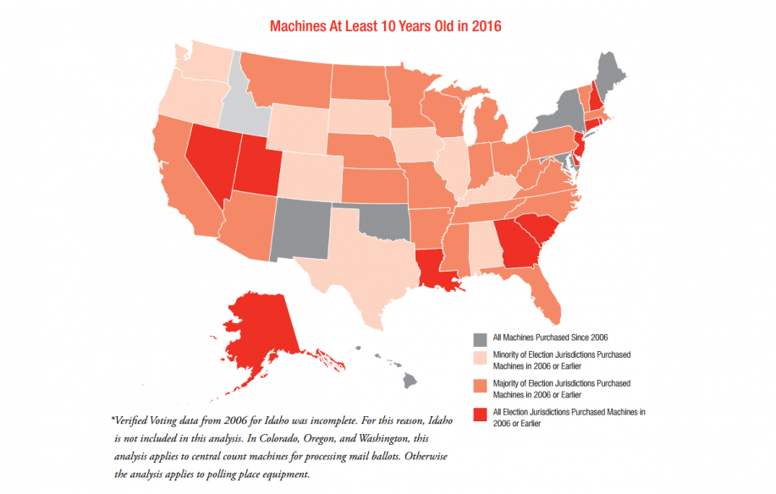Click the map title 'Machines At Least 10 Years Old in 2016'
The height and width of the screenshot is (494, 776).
(386, 26)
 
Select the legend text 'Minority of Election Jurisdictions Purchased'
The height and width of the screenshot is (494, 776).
(559, 353)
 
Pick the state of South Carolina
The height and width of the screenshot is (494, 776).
(538, 226)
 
